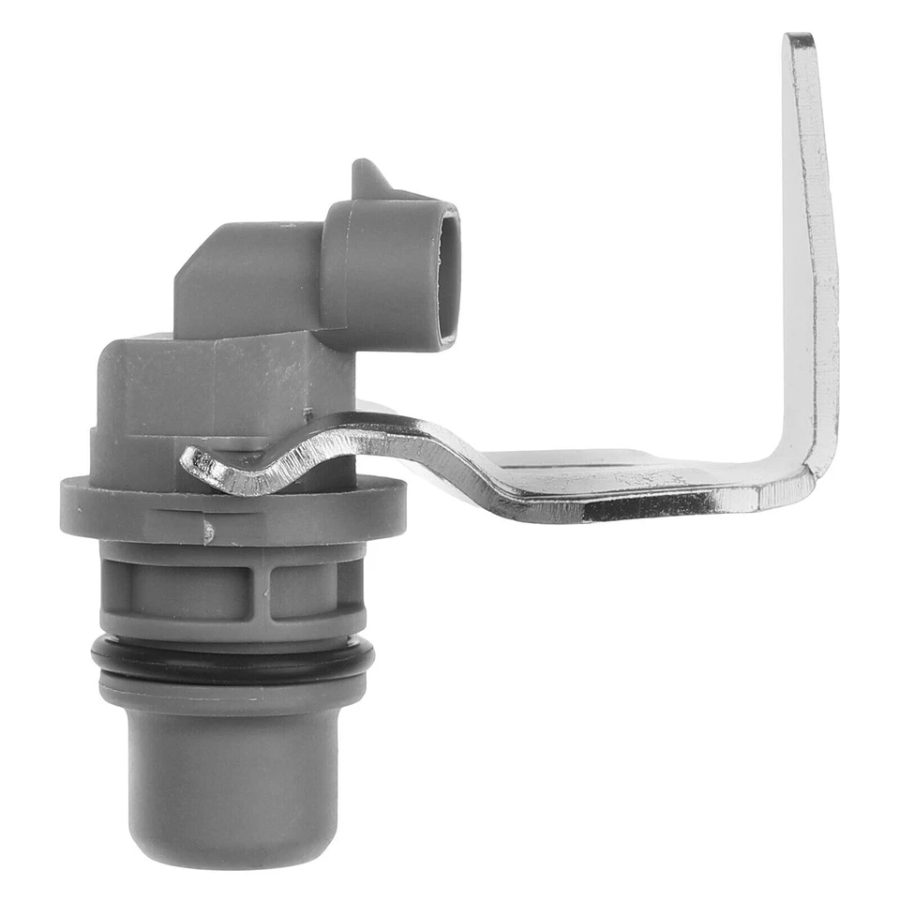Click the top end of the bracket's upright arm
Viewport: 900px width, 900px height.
tap(800, 45)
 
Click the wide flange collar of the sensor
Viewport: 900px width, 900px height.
tap(234, 506)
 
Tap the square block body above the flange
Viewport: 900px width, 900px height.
tap(187, 394)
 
